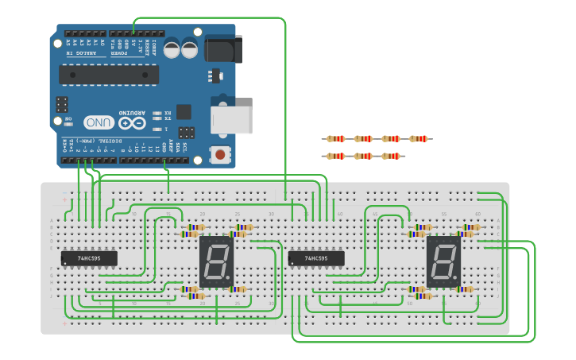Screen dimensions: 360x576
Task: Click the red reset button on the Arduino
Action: click(219, 155)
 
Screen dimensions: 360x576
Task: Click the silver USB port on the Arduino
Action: click(231, 119)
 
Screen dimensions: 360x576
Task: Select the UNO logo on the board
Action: click(99, 122)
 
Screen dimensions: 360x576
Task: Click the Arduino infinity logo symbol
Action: click(133, 123)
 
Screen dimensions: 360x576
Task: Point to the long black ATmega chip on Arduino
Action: click(108, 75)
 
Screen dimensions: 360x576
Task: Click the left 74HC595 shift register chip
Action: click(89, 258)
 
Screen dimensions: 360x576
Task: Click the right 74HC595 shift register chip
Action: click(315, 258)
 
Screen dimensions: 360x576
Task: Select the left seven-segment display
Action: click(216, 261)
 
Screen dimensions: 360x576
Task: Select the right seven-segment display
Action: click(444, 261)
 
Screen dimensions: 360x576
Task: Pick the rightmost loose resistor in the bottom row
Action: click(389, 156)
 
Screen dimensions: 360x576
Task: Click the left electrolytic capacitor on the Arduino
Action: click(172, 49)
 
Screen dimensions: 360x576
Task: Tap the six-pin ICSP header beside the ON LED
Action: click(61, 103)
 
